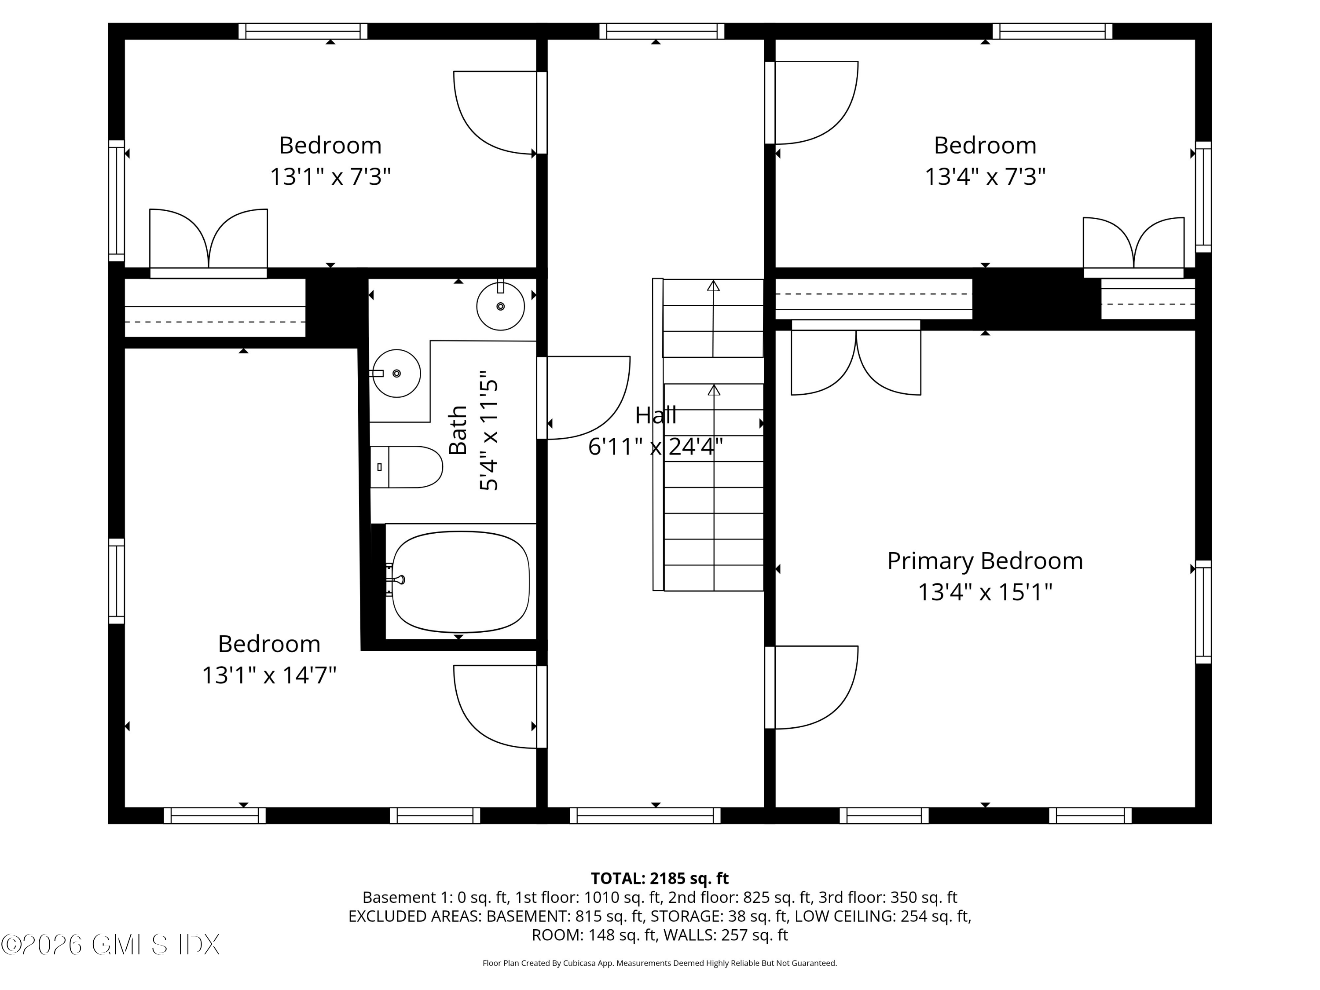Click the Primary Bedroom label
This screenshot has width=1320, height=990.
[x=985, y=561]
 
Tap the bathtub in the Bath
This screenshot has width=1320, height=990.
[x=460, y=582]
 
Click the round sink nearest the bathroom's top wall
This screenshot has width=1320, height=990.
[x=500, y=306]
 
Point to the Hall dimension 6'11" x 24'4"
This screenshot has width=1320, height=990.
[x=655, y=446]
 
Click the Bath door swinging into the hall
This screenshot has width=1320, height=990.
[x=585, y=397]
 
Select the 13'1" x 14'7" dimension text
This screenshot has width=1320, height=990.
[x=269, y=675]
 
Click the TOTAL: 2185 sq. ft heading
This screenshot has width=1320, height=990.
[x=660, y=878]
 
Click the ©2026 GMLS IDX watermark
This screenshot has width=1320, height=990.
[x=110, y=945]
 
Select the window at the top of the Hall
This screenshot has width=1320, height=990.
[x=662, y=31]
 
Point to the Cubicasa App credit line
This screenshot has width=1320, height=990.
[x=660, y=963]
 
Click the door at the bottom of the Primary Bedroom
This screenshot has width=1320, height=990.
[x=811, y=687]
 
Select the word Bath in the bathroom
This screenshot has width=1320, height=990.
[x=458, y=429]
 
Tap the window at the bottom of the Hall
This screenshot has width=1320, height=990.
[x=645, y=815]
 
